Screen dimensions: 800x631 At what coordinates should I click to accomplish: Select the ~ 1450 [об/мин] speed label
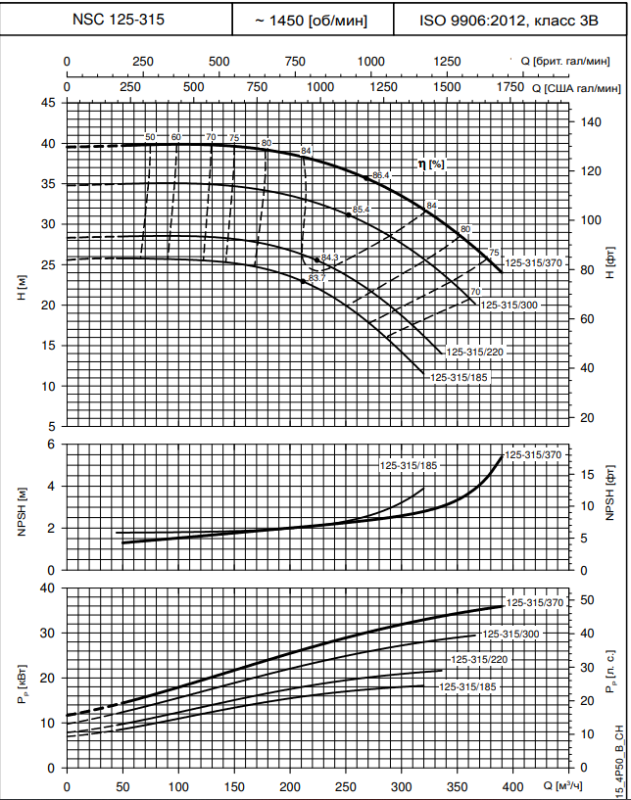(x=311, y=19)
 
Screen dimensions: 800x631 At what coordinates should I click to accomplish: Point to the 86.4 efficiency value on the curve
(x=382, y=175)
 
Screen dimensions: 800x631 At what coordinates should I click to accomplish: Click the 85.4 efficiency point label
(x=361, y=210)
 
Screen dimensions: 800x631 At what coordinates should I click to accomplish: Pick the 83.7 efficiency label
(x=316, y=279)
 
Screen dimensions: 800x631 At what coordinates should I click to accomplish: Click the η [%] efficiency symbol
(x=431, y=164)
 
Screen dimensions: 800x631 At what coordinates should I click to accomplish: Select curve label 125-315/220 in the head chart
(x=477, y=352)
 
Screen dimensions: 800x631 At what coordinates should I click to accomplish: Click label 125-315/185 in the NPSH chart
(x=409, y=465)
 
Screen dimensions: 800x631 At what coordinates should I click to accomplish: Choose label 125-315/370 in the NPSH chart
(x=534, y=455)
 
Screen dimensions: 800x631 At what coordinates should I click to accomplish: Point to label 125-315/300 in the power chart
(x=510, y=635)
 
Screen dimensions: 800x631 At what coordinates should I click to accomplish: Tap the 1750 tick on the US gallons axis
(x=510, y=87)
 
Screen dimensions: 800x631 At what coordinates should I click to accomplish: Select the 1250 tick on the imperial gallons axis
(x=446, y=61)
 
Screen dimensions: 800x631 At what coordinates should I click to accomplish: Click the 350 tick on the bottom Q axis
(x=346, y=786)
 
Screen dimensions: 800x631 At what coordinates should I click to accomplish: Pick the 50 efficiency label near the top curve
(x=150, y=137)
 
